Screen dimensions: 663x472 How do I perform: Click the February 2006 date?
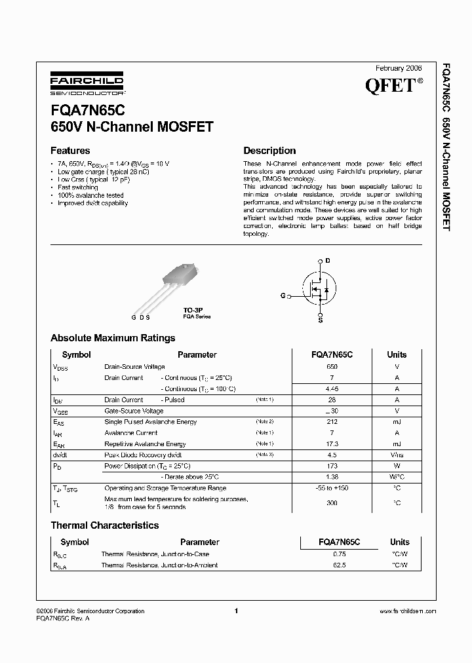pos(399,68)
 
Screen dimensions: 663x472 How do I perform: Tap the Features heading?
pos(70,151)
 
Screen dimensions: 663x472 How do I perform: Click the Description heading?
pos(269,151)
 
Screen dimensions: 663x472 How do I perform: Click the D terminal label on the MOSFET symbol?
pos(328,261)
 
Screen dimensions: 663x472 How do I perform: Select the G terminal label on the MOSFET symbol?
pos(283,296)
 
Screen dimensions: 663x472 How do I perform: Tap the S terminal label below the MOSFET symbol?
pos(320,320)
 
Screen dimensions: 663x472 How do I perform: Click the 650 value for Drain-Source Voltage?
pos(332,367)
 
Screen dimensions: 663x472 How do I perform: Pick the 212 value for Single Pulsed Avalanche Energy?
pos(332,422)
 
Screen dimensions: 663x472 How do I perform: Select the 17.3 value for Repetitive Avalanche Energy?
pos(332,444)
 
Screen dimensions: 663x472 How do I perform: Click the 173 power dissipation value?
pos(332,466)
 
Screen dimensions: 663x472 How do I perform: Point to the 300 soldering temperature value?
pos(332,502)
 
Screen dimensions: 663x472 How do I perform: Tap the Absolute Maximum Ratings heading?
pos(113,338)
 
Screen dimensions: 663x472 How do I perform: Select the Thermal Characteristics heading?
pos(105,525)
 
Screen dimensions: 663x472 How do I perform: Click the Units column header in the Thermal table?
pos(399,542)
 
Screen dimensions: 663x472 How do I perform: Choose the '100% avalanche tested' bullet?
pos(90,195)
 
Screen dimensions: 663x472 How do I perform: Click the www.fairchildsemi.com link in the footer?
pos(407,611)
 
